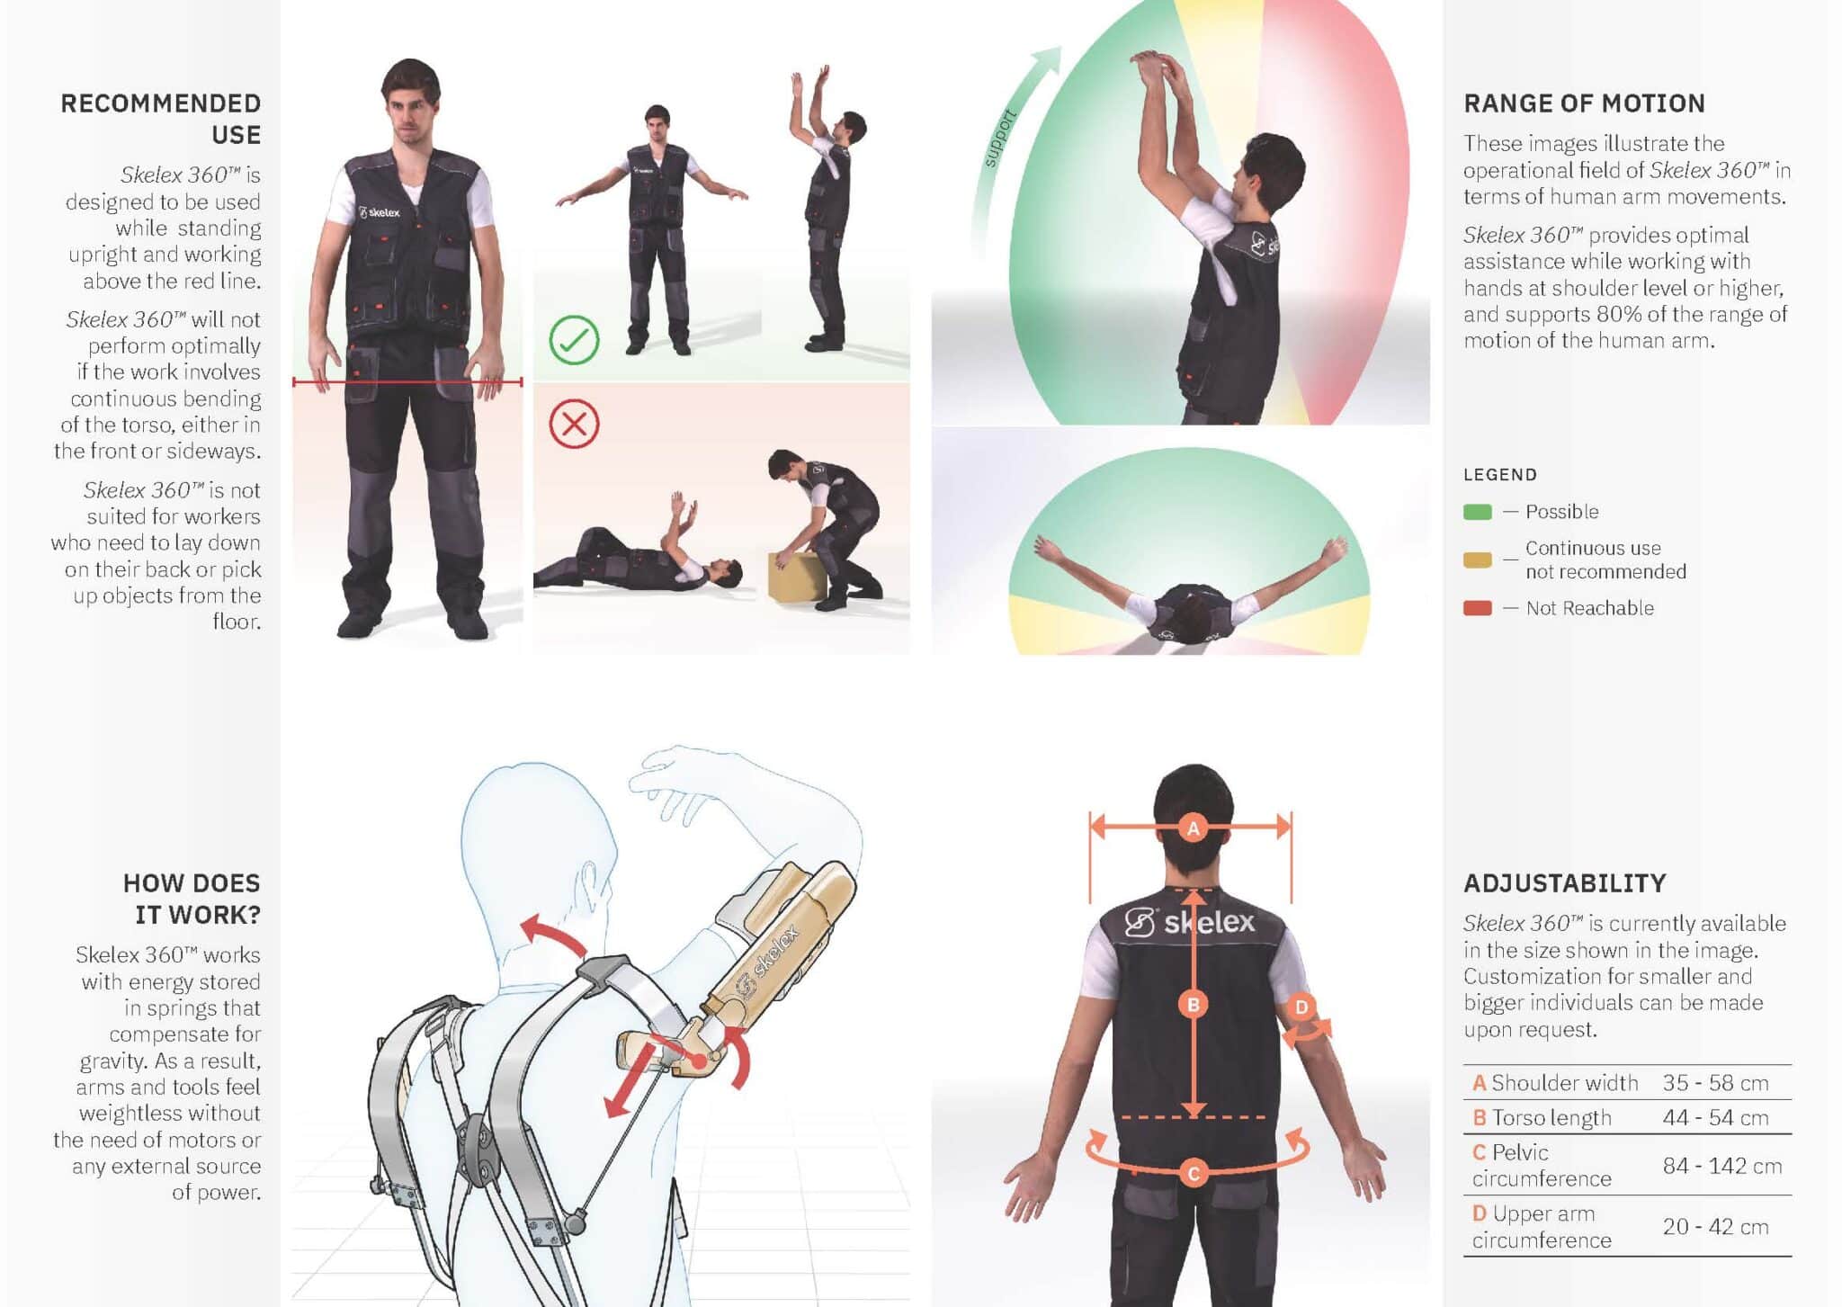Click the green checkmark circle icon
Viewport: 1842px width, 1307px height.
[x=574, y=340]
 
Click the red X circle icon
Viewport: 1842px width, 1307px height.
[x=574, y=424]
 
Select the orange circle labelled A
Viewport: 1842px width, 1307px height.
[x=1193, y=828]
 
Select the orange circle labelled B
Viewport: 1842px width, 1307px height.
[x=1193, y=1004]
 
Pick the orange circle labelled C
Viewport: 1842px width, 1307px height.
[x=1193, y=1172]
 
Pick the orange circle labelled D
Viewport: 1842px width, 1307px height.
[x=1301, y=1007]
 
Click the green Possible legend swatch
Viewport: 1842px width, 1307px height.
[x=1477, y=512]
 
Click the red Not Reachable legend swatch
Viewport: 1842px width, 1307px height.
[x=1477, y=608]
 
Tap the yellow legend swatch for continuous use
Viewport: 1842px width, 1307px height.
[x=1477, y=560]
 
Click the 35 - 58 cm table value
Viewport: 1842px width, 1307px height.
[x=1715, y=1082]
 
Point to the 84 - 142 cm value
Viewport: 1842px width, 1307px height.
[x=1721, y=1166]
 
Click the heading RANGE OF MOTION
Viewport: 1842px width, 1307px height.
[x=1584, y=103]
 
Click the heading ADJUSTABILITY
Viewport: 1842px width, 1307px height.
[x=1565, y=883]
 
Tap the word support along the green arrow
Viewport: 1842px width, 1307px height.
[x=1000, y=138]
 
